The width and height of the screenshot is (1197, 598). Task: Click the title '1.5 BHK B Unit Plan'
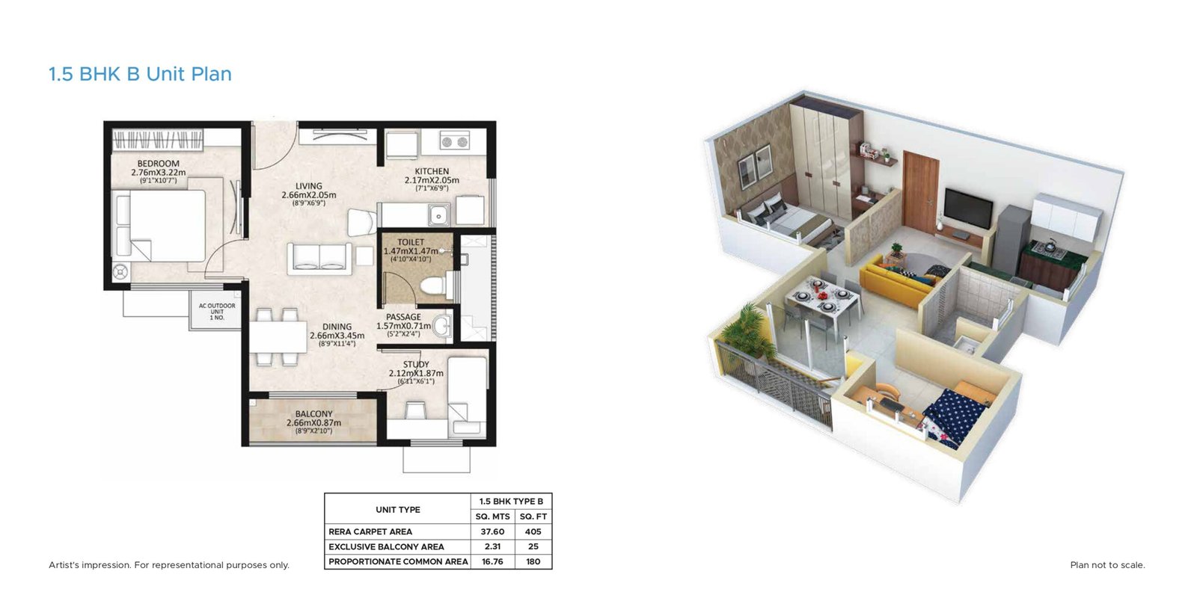(x=140, y=74)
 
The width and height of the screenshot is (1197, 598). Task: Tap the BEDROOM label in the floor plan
(x=158, y=164)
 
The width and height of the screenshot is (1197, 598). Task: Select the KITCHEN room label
(x=432, y=171)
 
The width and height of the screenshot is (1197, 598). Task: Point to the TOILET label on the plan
(x=411, y=242)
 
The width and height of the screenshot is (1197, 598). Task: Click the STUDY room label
(x=416, y=365)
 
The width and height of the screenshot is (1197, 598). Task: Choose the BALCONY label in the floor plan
(x=313, y=414)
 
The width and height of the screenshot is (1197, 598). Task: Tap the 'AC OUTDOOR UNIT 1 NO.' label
(x=217, y=311)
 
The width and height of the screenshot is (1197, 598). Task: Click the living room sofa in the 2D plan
(x=320, y=257)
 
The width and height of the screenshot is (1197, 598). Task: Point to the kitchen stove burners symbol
(x=454, y=141)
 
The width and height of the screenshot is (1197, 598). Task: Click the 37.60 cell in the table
(x=492, y=531)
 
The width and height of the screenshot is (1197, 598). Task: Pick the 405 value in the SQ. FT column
(x=533, y=531)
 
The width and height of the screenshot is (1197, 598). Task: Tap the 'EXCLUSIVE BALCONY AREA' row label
(x=386, y=546)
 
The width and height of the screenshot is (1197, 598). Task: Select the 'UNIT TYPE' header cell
(x=397, y=510)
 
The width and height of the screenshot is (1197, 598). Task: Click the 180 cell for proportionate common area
(x=533, y=561)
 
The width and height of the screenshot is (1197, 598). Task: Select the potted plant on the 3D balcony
(x=745, y=329)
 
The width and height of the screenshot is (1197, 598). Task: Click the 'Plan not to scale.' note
(x=1107, y=565)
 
